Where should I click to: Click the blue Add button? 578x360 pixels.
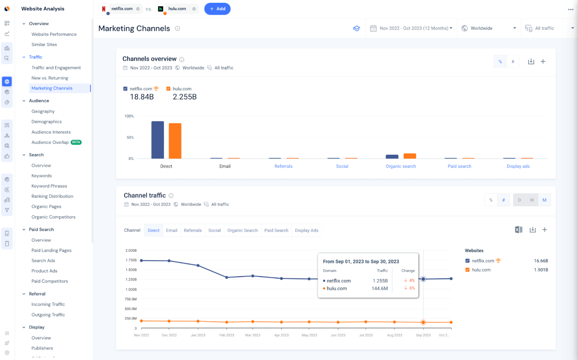coord(217,9)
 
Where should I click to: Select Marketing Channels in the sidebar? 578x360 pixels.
coord(52,88)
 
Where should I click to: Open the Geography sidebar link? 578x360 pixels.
coord(43,111)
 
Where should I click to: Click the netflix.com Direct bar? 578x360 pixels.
coord(157,140)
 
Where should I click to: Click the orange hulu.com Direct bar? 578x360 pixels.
coord(175,141)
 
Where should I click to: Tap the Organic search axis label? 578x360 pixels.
coord(400,166)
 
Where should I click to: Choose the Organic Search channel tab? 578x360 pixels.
coord(242,231)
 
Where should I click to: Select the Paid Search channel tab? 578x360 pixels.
coord(276,231)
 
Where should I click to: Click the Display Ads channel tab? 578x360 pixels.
coord(306,231)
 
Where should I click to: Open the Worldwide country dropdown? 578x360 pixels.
coord(488,28)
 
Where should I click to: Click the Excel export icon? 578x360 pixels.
coord(518,230)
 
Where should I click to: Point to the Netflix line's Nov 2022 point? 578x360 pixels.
coord(141,260)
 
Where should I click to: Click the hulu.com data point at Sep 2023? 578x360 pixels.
coord(423,322)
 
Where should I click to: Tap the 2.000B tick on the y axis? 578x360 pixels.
coord(131,251)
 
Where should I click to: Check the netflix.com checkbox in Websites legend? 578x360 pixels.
coord(467,261)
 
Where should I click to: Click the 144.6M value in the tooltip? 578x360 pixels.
coord(379,289)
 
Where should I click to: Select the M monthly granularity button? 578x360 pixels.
coord(544,200)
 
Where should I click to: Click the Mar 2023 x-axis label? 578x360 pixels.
coord(253,335)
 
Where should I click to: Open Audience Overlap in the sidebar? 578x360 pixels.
coord(50,142)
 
